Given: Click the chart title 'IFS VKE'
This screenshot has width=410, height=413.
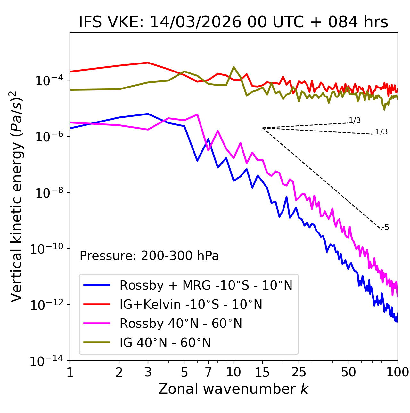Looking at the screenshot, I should (233, 22).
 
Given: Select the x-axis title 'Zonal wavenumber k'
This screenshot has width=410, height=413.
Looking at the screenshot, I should (233, 389).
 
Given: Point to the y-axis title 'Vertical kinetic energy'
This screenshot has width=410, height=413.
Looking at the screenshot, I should (17, 196).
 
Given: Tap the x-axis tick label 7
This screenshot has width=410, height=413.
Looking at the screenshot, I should (208, 372).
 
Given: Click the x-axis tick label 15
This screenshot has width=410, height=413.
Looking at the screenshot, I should (262, 372).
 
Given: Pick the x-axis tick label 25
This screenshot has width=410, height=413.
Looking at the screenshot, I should (299, 372).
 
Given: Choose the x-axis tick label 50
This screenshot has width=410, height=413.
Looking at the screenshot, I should (348, 372).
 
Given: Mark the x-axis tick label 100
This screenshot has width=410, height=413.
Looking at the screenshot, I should (397, 372).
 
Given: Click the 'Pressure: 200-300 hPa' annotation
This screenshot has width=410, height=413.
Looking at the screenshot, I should (149, 256).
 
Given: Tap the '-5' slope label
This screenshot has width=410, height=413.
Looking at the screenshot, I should (385, 228).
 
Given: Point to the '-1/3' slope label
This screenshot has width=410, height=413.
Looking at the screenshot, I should (380, 132).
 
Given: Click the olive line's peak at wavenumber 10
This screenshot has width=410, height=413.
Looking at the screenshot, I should (234, 67).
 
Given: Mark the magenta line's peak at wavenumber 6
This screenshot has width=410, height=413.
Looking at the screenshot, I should (197, 114).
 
